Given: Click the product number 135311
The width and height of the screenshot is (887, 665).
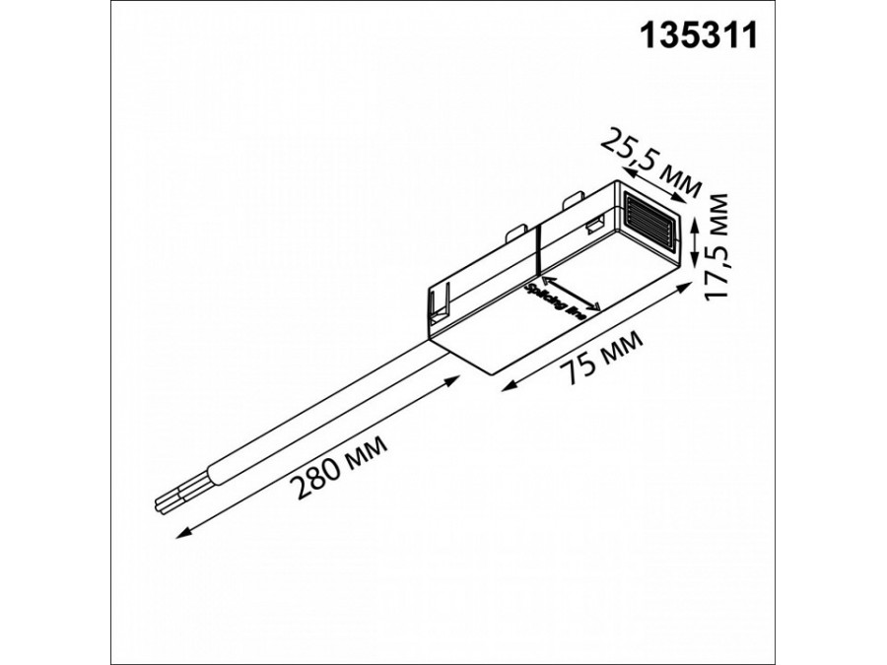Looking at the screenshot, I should coord(699,36).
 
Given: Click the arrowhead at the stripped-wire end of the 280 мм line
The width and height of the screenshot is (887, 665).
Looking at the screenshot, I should coord(178,536).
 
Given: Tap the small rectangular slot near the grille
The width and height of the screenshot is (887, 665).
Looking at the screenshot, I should coord(596,227).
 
